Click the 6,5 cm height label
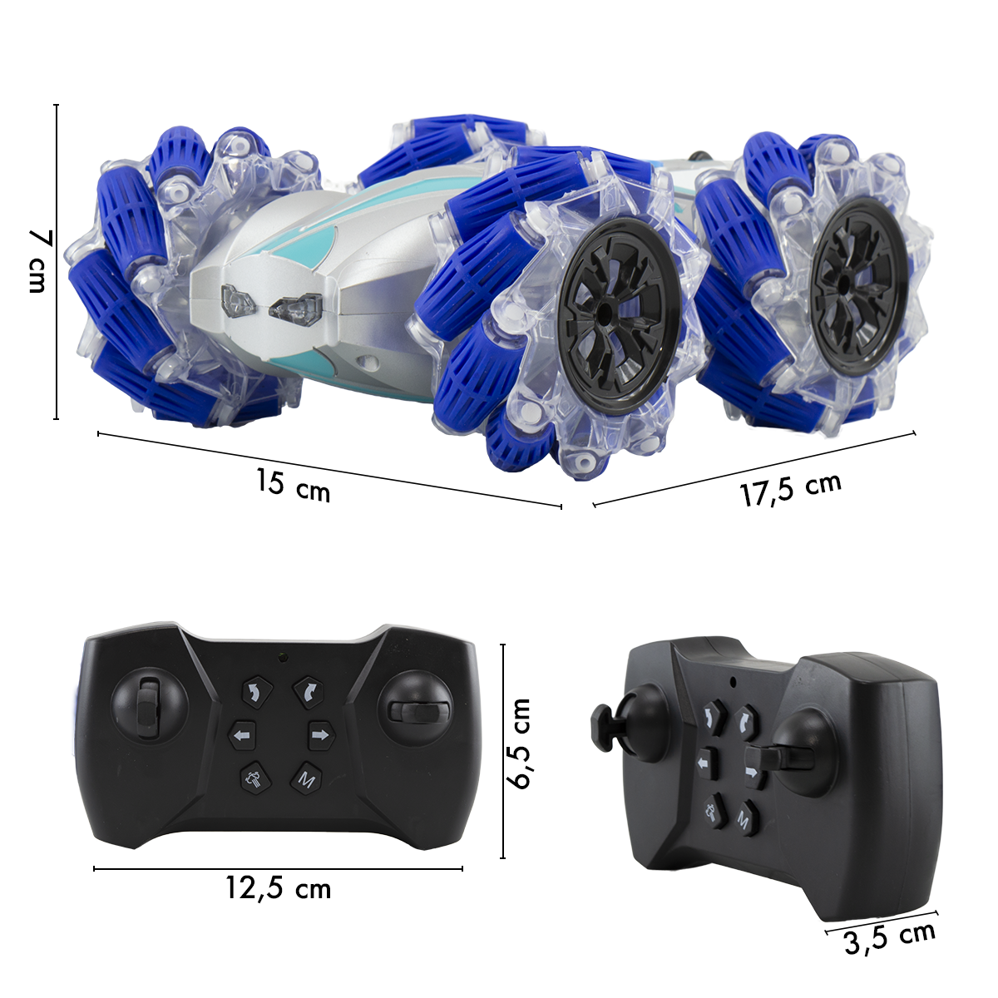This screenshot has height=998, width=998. pyautogui.click(x=518, y=744)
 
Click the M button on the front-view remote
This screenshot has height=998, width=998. pyautogui.click(x=307, y=779)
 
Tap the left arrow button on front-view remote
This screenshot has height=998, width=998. pyautogui.click(x=242, y=735)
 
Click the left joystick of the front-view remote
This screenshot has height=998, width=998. pyautogui.click(x=149, y=707)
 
